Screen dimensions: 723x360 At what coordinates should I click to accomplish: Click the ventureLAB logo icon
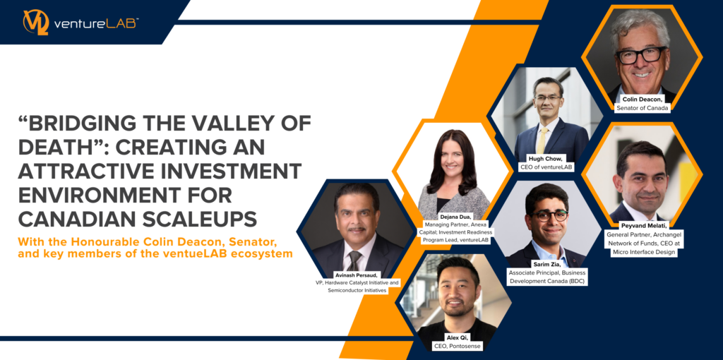click(36, 22)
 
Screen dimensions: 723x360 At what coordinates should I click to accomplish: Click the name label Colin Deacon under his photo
click(641, 99)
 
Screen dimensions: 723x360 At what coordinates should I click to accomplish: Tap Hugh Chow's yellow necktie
click(541, 140)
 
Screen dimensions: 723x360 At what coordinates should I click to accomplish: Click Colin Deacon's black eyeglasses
click(641, 55)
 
